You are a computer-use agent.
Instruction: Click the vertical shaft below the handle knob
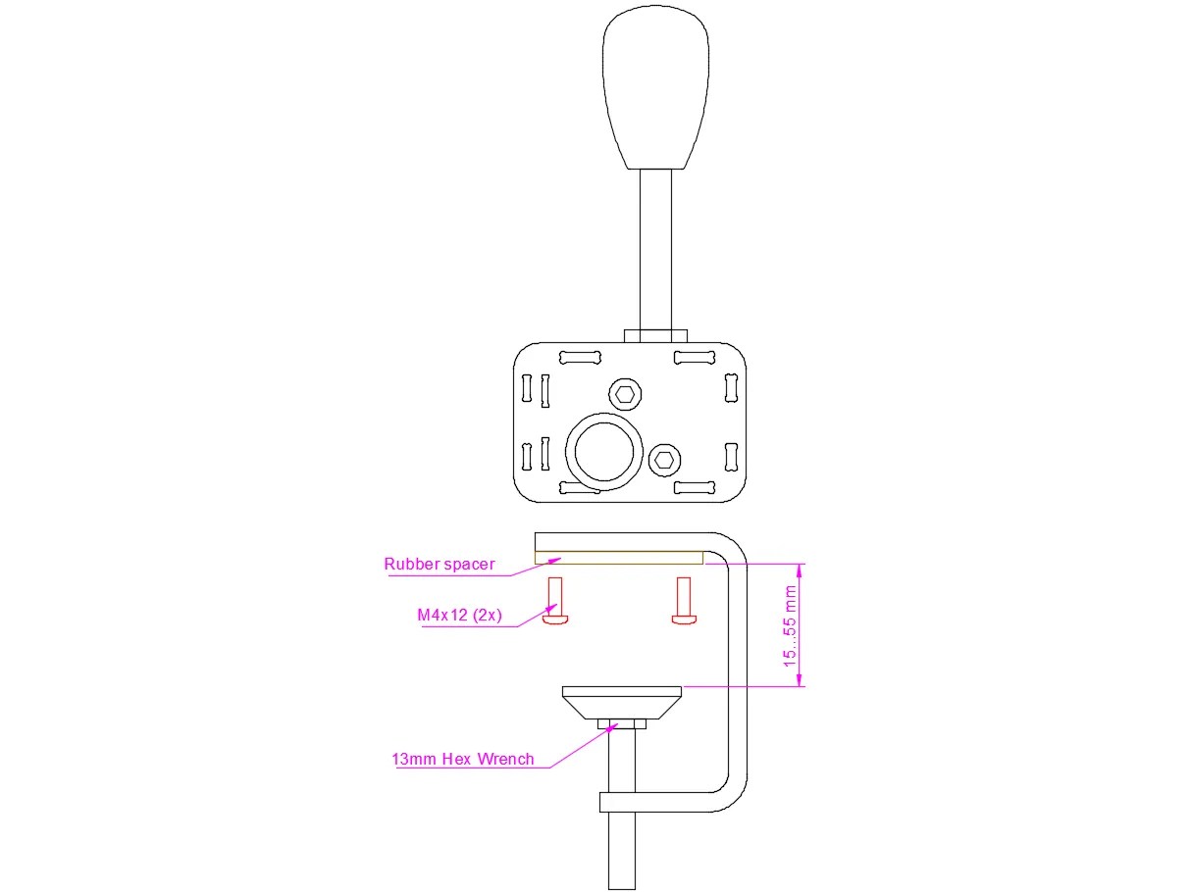(655, 250)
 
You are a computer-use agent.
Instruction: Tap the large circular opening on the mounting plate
(604, 451)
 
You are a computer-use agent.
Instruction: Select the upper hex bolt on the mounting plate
(625, 394)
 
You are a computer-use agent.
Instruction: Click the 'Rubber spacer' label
(439, 564)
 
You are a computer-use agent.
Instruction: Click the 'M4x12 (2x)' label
(459, 616)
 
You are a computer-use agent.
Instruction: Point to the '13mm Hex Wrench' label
(462, 759)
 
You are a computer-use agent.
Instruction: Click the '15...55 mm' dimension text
(790, 625)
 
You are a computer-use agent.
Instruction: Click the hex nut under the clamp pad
(622, 724)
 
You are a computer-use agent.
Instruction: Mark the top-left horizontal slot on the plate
(578, 357)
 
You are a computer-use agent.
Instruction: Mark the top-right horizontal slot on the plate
(693, 357)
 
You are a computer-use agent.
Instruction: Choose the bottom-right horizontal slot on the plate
(693, 487)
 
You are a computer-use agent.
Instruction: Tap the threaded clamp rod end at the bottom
(622, 853)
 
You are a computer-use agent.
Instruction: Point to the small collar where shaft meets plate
(655, 335)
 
